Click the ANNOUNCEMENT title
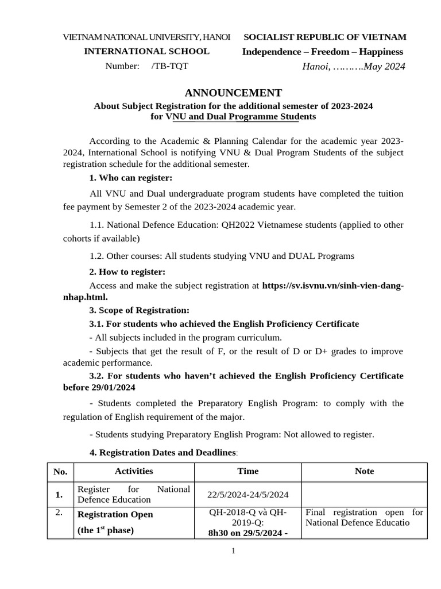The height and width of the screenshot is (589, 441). point(233,93)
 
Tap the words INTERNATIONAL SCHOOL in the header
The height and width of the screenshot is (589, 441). point(147,52)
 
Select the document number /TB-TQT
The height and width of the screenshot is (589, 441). point(169,66)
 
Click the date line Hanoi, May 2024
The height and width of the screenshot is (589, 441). point(354,67)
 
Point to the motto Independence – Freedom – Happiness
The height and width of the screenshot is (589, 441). point(323,52)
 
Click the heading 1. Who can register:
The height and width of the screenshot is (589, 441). point(131,178)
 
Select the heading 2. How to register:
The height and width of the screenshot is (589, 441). point(127,271)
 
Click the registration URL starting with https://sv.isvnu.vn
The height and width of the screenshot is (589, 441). point(333,285)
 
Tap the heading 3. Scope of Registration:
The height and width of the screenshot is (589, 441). point(140,310)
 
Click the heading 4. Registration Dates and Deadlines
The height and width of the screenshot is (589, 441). point(163,453)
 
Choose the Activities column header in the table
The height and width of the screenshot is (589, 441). point(134,471)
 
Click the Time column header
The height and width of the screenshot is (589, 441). point(248,471)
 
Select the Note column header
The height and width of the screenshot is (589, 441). point(364,471)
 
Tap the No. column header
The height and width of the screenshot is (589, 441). point(60,472)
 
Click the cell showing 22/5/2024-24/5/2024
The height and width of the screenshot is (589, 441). point(248,495)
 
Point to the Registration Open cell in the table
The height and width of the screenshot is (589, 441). point(115,514)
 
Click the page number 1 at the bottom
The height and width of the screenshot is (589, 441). point(233,551)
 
